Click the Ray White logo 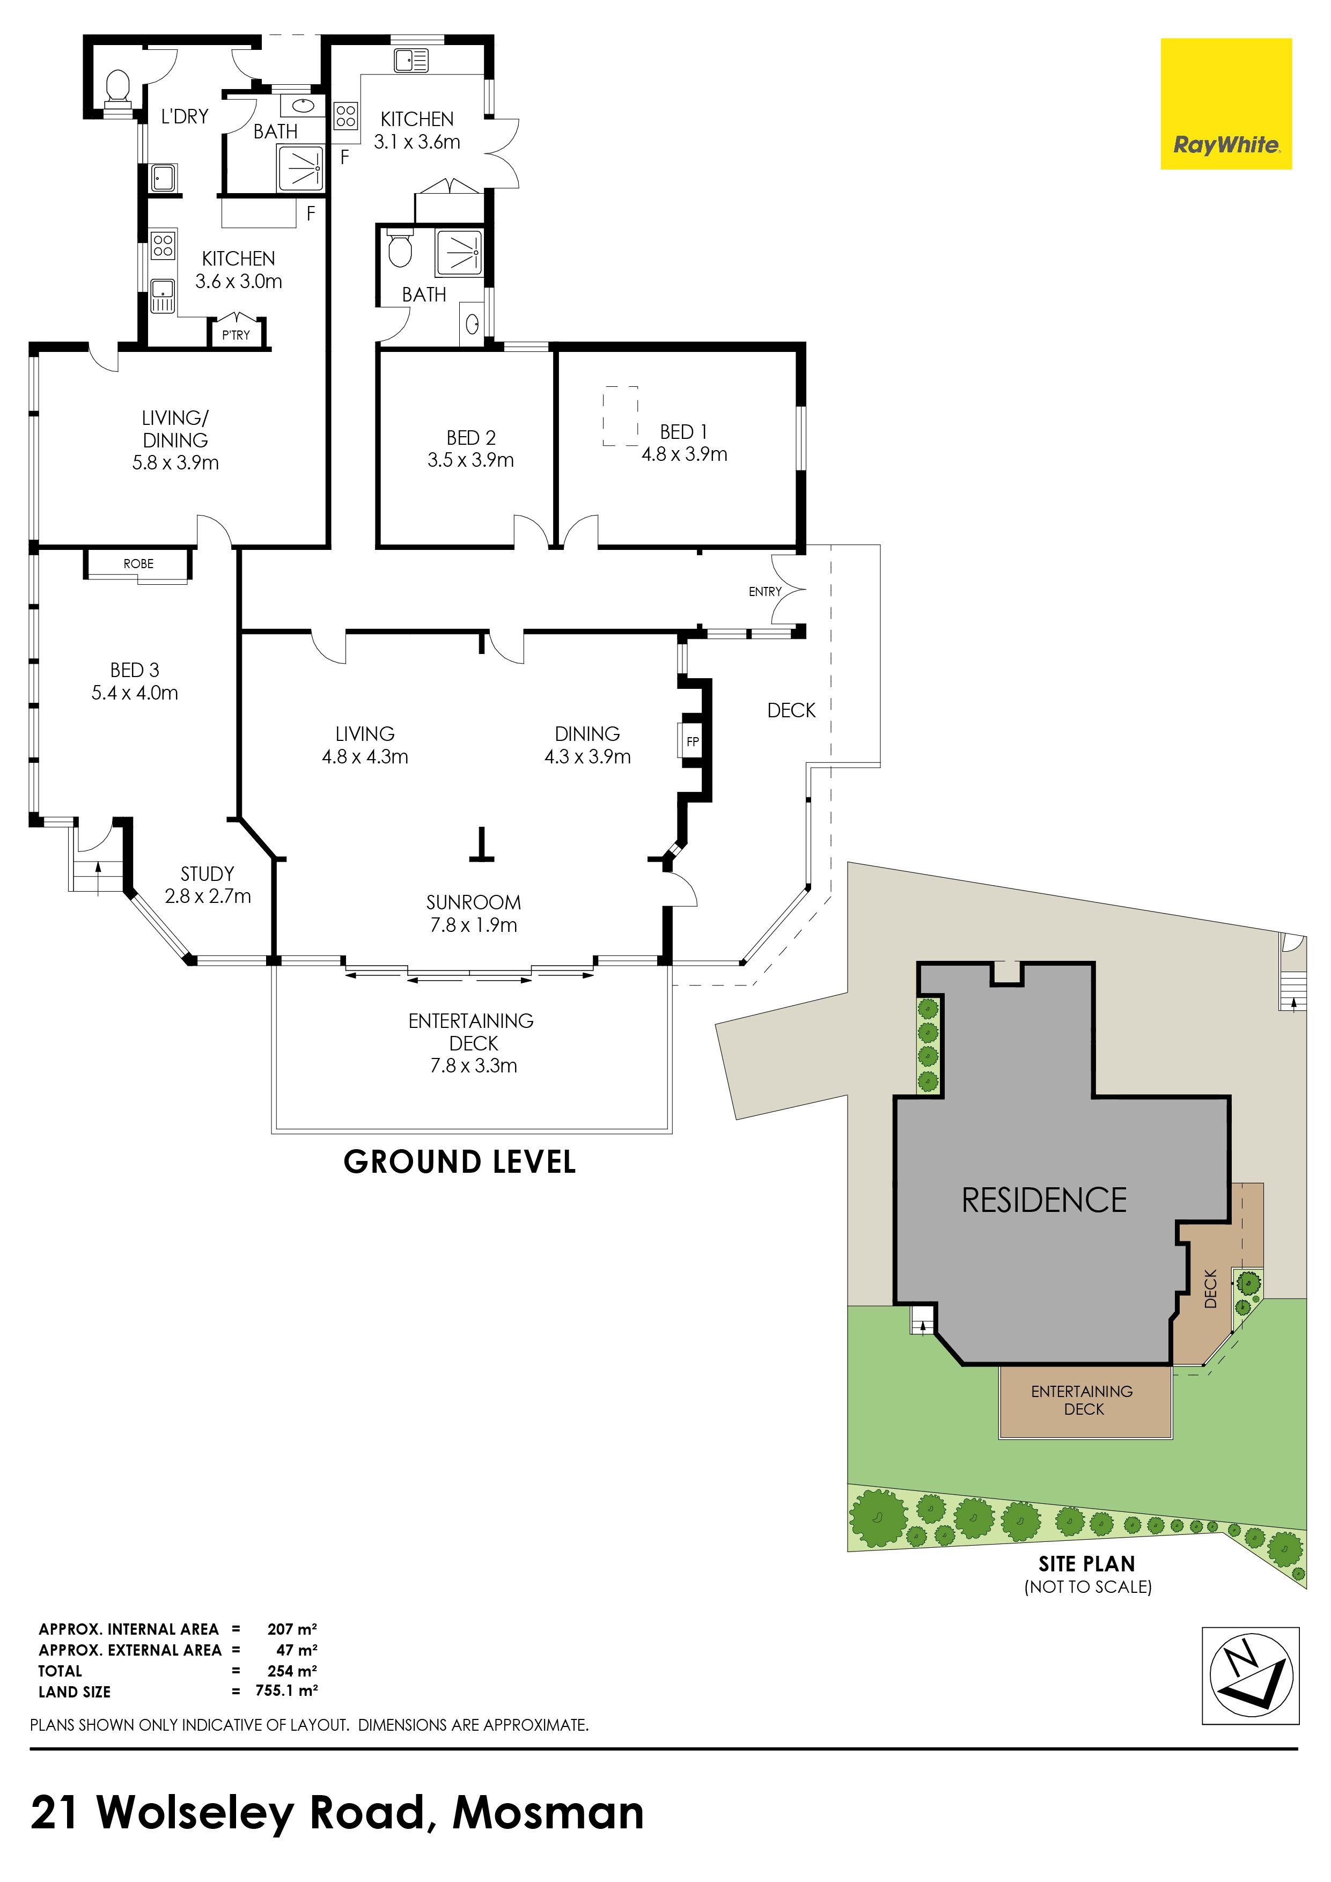pyautogui.click(x=1226, y=104)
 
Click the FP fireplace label pyautogui.click(x=693, y=742)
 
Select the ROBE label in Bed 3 pyautogui.click(x=138, y=564)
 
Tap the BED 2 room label pyautogui.click(x=471, y=438)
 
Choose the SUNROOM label pyautogui.click(x=474, y=902)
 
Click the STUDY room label pyautogui.click(x=208, y=874)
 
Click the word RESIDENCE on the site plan pyautogui.click(x=1044, y=1200)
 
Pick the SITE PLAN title pyautogui.click(x=1087, y=1564)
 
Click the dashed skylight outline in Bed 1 pyautogui.click(x=620, y=416)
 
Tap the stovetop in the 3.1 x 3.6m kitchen pyautogui.click(x=346, y=115)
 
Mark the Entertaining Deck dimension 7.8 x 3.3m pyautogui.click(x=474, y=1065)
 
